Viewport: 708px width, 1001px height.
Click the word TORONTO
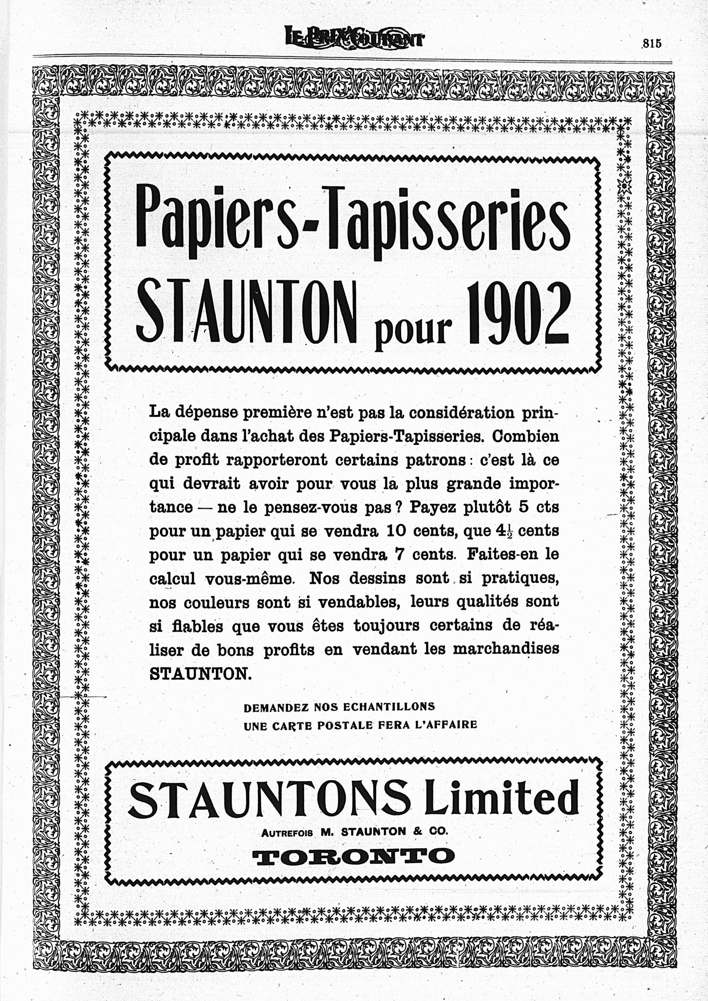[x=353, y=855]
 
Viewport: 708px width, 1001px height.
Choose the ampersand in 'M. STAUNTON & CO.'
[x=417, y=832]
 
